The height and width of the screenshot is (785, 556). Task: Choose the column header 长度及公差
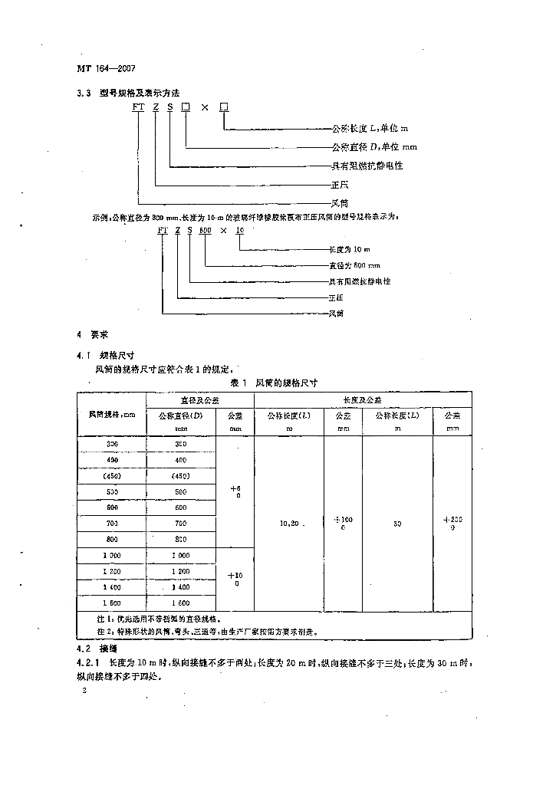tap(363, 399)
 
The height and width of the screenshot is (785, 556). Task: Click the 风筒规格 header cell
tap(111, 415)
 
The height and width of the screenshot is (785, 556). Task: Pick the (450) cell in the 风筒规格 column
tap(112, 476)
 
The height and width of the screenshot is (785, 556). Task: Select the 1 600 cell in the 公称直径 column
tap(181, 602)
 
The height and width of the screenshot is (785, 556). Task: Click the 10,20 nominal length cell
tap(289, 524)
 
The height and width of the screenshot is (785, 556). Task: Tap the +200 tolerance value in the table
tap(452, 523)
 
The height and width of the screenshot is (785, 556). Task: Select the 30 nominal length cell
tap(396, 524)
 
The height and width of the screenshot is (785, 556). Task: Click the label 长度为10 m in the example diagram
tap(349, 250)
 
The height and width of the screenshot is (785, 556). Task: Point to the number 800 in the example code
tap(205, 230)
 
